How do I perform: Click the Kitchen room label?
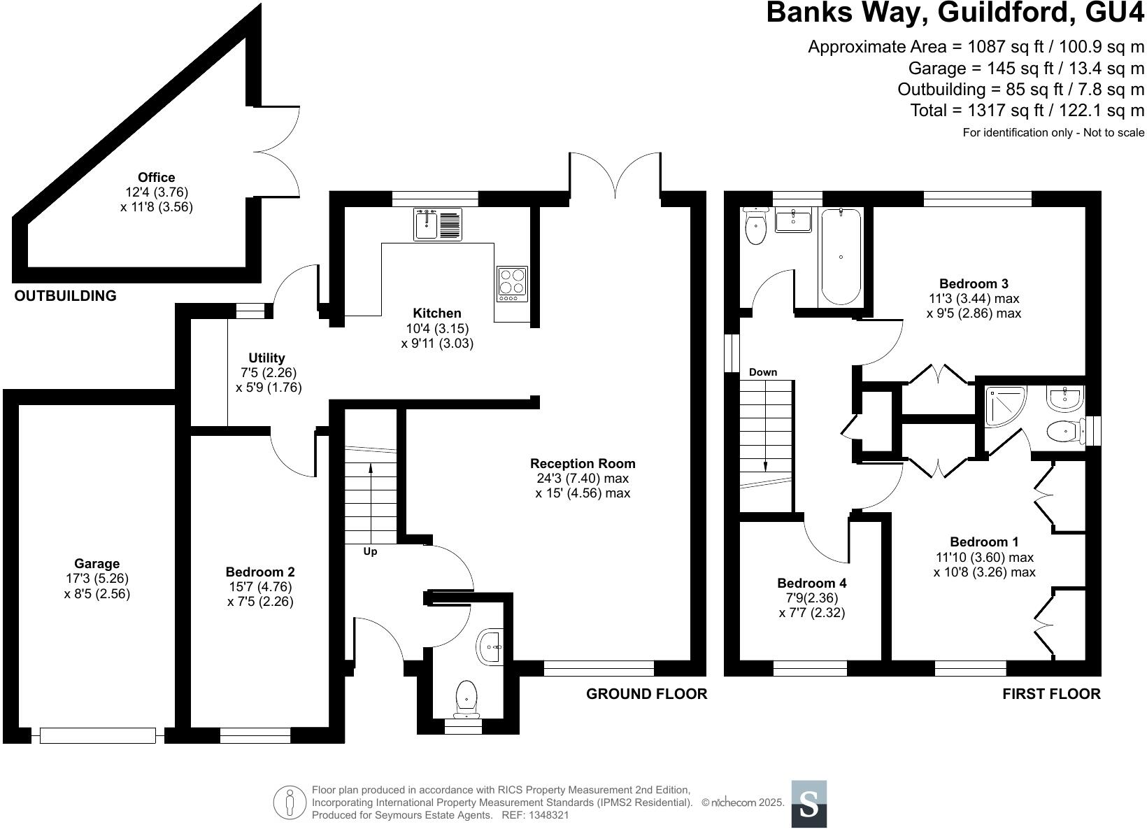[437, 313]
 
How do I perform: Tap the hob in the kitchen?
[512, 283]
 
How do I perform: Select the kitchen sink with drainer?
[437, 224]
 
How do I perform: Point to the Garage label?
[97, 564]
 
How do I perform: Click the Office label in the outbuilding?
[156, 178]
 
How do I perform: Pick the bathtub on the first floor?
[841, 257]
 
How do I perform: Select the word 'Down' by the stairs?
[763, 372]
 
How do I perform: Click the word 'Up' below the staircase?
[370, 551]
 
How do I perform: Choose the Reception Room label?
[583, 464]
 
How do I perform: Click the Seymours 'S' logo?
[808, 804]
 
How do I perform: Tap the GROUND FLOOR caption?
[646, 694]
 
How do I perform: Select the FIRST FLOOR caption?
[1051, 694]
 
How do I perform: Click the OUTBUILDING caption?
[66, 296]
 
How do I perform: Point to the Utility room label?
[267, 358]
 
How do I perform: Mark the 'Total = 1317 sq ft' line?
[1027, 111]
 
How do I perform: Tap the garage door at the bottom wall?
[98, 735]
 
